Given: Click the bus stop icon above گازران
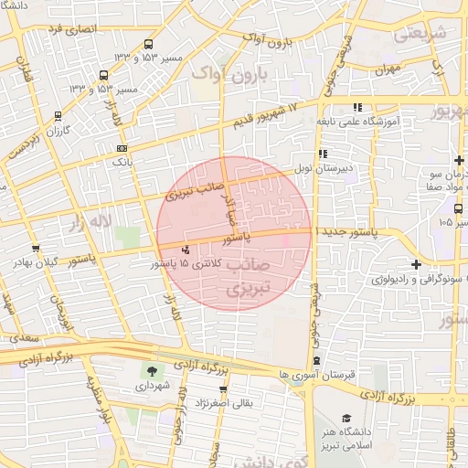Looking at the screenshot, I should pyautogui.click(x=58, y=116).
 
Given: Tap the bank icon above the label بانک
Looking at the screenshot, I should pyautogui.click(x=122, y=147).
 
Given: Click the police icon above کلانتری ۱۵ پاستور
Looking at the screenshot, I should pyautogui.click(x=186, y=250).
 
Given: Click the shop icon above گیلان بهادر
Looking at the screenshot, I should pyautogui.click(x=35, y=248).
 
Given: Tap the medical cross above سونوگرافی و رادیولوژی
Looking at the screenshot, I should pyautogui.click(x=416, y=265).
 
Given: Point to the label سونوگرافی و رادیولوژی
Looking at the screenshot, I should pyautogui.click(x=402, y=279).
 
